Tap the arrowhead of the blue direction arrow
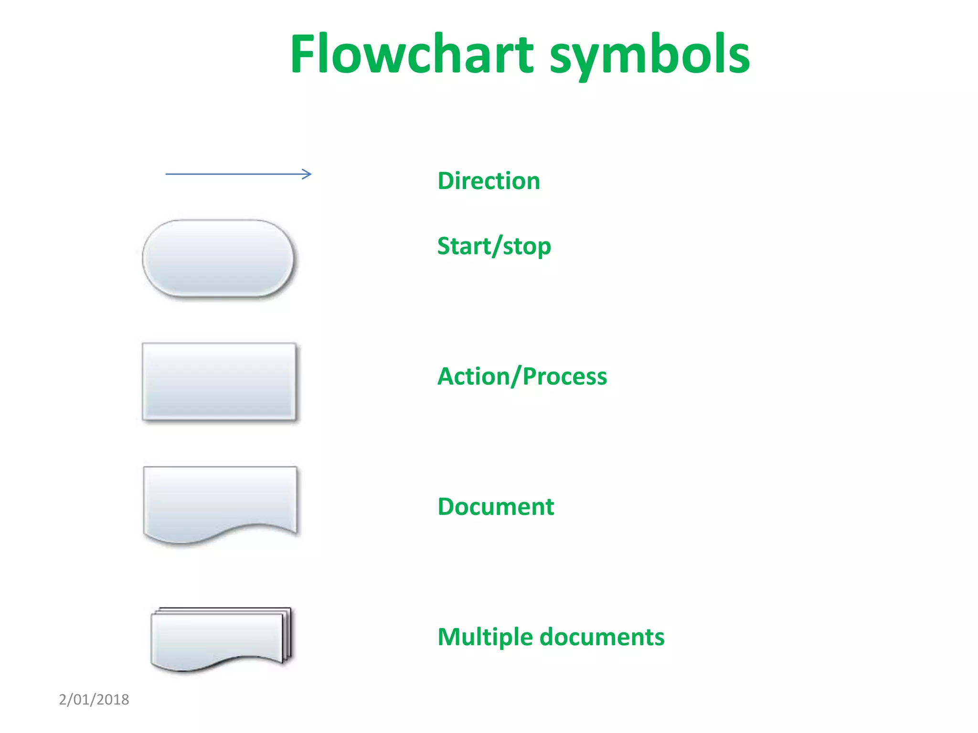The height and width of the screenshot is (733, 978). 308,174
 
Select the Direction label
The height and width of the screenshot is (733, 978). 489,181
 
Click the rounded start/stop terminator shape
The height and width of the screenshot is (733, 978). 218,258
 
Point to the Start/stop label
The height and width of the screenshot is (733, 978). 494,246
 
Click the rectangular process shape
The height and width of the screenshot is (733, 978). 219,381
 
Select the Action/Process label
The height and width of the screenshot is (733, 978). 522,376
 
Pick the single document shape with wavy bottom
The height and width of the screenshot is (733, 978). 220,501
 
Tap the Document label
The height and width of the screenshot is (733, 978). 496,506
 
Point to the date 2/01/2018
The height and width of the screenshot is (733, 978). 94,700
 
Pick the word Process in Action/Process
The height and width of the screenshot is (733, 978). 564,376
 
